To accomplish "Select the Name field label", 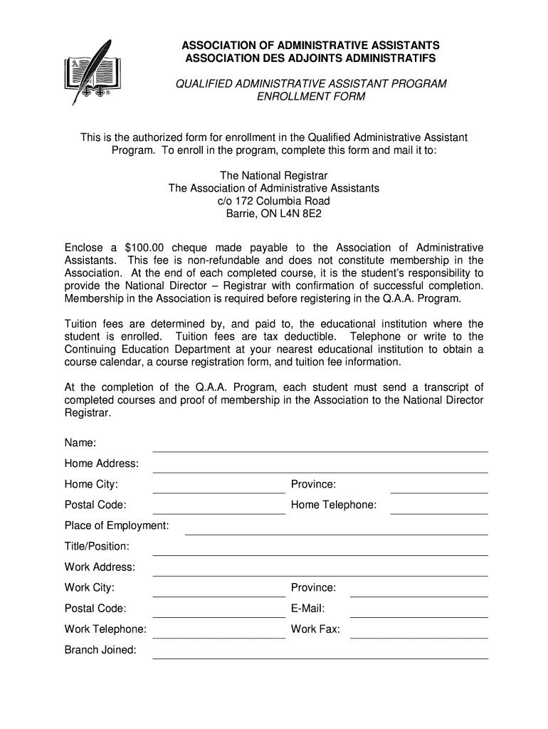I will [x=80, y=443].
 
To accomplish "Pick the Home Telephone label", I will [x=333, y=505].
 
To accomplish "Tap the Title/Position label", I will [x=97, y=546].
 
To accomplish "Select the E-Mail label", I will [x=307, y=608].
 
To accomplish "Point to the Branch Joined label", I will [x=100, y=649].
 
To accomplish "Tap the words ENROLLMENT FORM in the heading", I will [x=311, y=97].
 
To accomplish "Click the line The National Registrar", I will [x=274, y=175].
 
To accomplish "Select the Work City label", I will [x=90, y=587].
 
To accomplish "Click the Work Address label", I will [x=100, y=567].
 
